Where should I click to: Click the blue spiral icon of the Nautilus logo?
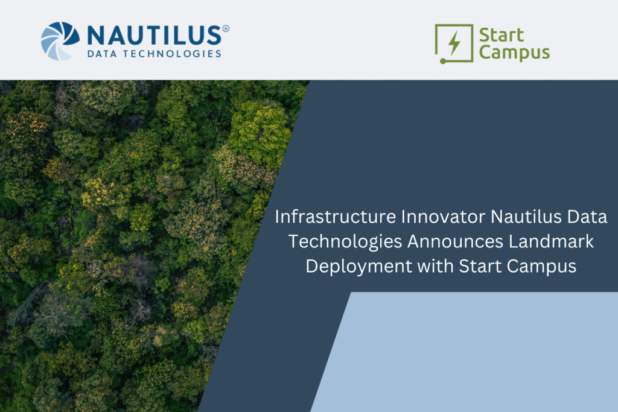pos(60,40)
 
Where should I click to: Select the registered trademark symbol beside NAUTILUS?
pos(226,28)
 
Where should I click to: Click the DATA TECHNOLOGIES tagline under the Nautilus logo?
pos(154,54)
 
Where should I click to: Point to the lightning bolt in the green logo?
pos(454,43)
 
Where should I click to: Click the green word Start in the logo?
pos(501,35)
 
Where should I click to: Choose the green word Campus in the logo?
pos(514,52)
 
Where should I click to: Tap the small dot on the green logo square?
pos(442,61)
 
